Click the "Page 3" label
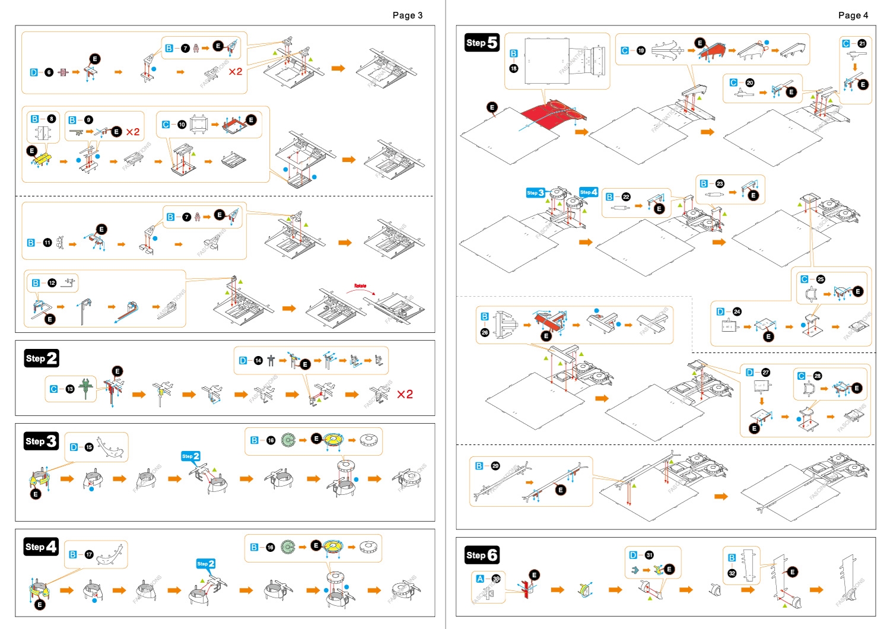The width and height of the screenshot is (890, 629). [407, 15]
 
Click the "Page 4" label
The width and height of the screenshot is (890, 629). [853, 15]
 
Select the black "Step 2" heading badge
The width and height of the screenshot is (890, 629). [42, 358]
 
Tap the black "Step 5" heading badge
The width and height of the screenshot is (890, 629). [481, 43]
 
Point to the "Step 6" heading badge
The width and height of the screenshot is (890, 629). [481, 555]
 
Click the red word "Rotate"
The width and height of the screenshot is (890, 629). [360, 286]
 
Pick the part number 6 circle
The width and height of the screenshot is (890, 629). [49, 72]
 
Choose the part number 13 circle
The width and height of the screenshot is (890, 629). [70, 389]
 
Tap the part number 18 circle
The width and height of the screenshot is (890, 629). [514, 68]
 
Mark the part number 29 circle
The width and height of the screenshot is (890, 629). [495, 466]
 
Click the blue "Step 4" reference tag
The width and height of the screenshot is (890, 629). [589, 192]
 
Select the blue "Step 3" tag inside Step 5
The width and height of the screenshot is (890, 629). [535, 193]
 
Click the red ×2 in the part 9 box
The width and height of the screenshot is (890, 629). [133, 132]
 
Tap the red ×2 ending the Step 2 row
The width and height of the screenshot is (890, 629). [405, 395]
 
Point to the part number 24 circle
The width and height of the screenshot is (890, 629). [737, 312]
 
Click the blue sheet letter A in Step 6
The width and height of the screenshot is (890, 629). [480, 579]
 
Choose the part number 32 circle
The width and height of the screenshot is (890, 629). [732, 573]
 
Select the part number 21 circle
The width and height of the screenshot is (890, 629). [862, 43]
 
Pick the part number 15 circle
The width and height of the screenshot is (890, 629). [89, 447]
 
